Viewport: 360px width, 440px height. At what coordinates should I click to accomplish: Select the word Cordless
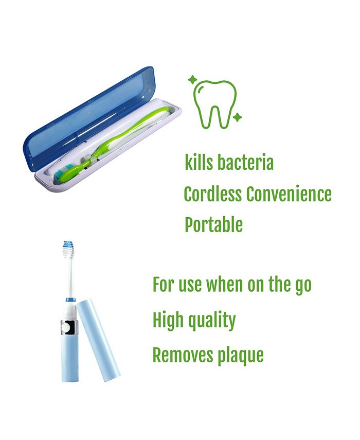(x=212, y=194)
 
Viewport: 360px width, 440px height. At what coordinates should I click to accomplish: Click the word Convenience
(x=289, y=194)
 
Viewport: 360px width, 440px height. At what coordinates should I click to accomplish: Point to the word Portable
(x=213, y=225)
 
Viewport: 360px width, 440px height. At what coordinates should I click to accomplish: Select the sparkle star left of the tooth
(x=192, y=80)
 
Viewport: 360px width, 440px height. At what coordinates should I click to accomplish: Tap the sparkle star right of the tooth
(x=237, y=118)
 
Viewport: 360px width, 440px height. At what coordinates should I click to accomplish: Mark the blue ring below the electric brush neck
(x=69, y=300)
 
